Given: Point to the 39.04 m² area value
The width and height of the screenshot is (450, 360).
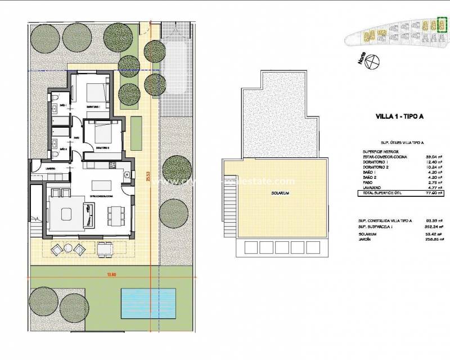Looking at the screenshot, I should pos(434,157).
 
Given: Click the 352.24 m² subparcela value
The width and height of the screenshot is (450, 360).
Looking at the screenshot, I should pos(433,227).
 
